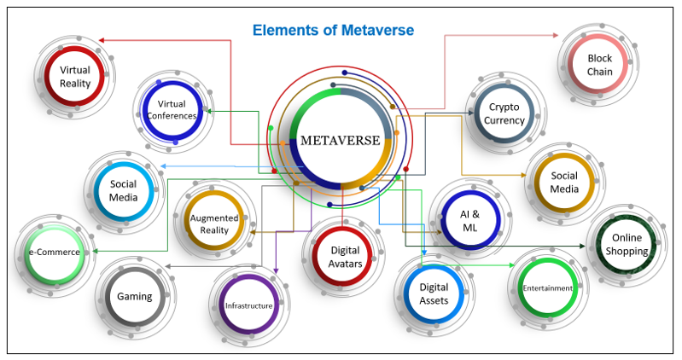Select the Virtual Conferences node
coord(171,109)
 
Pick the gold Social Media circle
coord(564,182)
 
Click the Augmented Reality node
coord(213,224)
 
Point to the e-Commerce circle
coord(55,253)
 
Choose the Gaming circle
coord(135,297)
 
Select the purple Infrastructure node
coord(248,305)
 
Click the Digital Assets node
coord(434,293)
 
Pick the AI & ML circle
coord(470,219)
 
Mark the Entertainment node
coord(548,288)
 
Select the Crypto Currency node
coord(505,113)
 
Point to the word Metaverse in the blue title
coord(376,31)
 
